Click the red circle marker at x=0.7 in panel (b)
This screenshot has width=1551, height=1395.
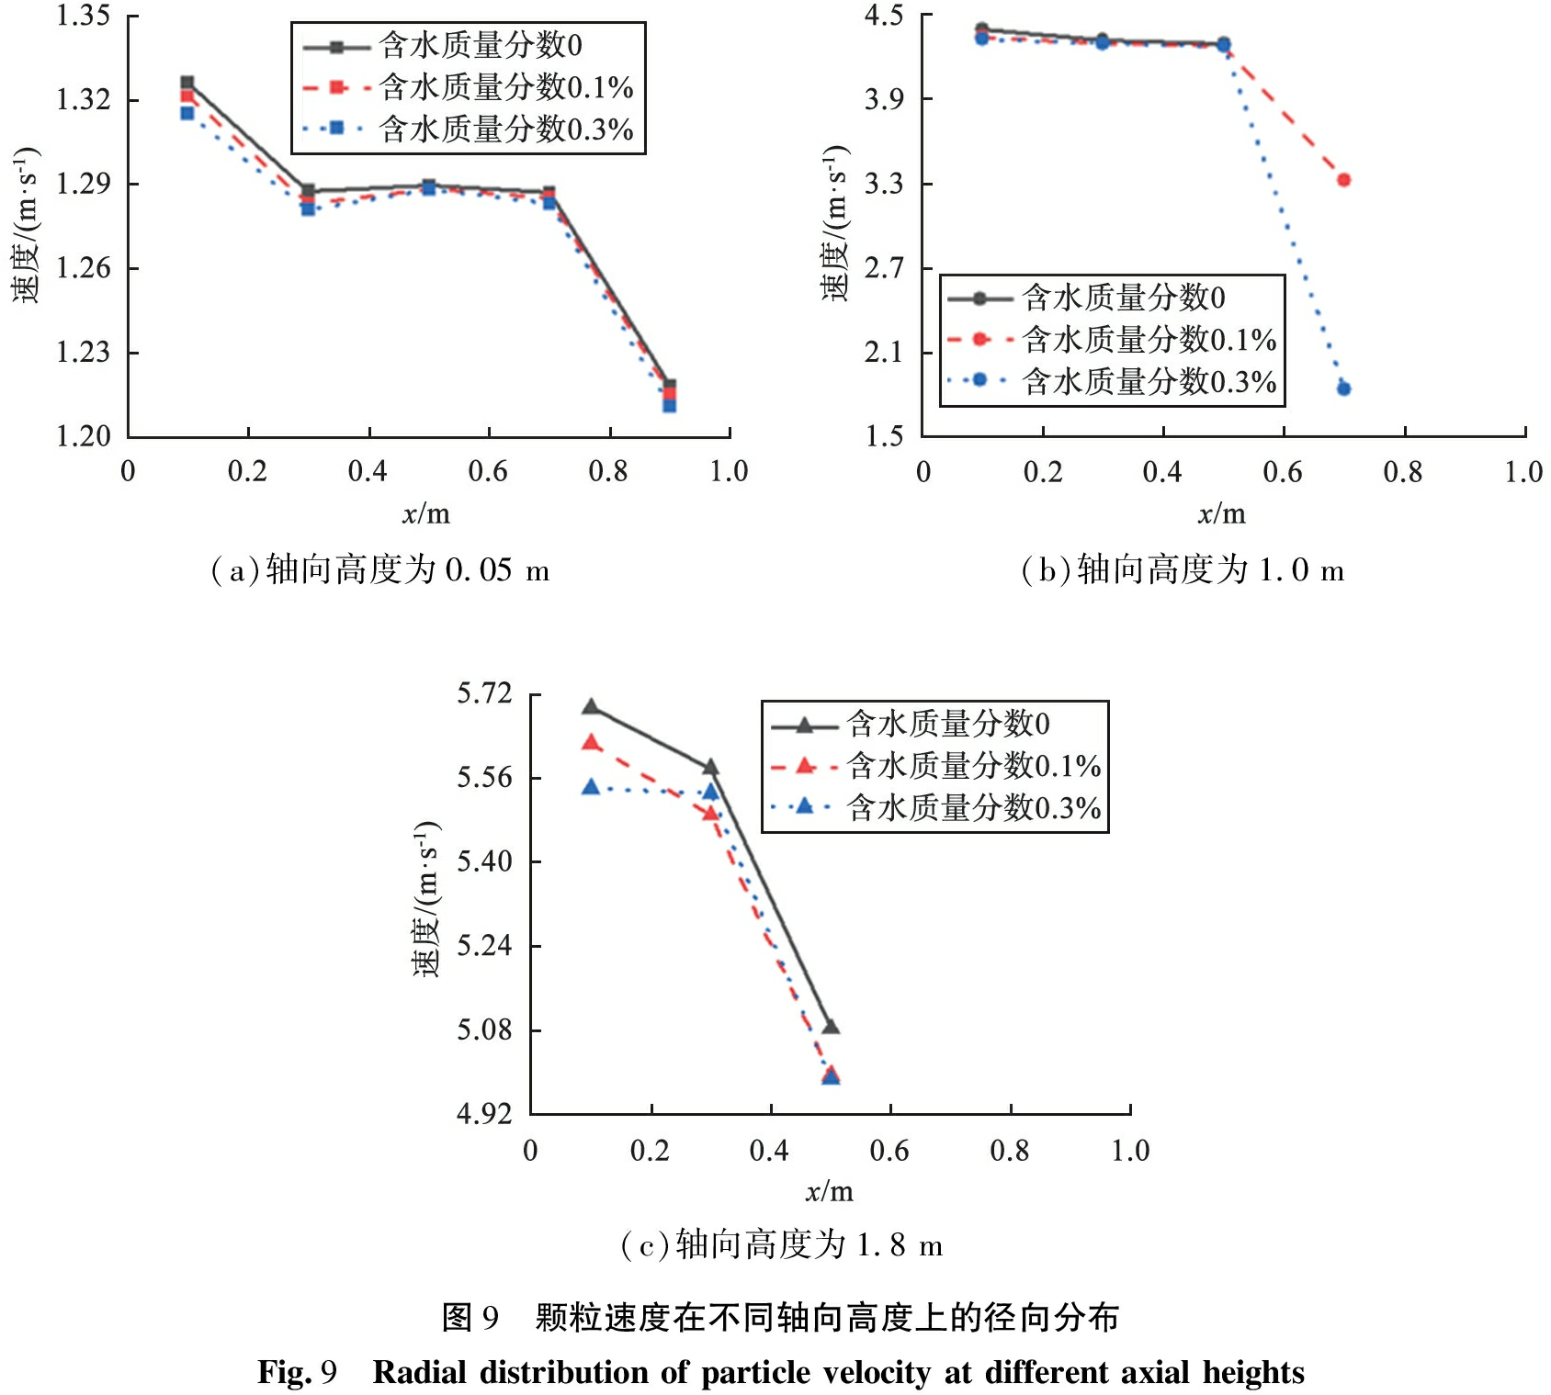[1343, 180]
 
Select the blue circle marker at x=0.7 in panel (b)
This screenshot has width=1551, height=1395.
[1343, 388]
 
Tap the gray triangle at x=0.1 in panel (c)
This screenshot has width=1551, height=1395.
[591, 707]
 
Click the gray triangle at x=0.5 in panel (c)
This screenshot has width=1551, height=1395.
[831, 1027]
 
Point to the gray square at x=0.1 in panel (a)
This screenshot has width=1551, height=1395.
[187, 83]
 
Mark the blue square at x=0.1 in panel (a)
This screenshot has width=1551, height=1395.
[187, 113]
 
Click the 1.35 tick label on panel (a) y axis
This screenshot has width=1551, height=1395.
[83, 17]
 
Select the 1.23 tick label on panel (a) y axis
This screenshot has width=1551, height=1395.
[83, 353]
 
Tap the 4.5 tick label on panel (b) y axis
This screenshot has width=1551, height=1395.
[884, 17]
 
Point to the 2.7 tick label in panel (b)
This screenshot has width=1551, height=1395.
[884, 268]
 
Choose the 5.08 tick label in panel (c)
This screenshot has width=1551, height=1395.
[484, 1029]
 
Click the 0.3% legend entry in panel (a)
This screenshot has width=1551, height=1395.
[506, 129]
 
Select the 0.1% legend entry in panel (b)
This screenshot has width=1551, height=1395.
[1149, 340]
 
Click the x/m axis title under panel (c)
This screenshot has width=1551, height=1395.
[830, 1192]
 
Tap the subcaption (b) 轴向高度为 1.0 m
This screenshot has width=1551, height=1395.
[1183, 571]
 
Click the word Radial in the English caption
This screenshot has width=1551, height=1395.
[421, 1372]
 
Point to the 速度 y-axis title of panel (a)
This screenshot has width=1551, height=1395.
[26, 225]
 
